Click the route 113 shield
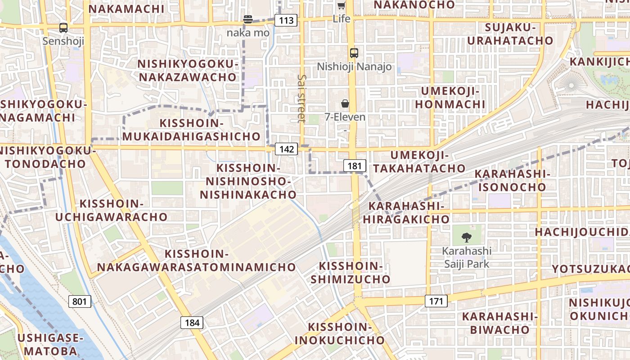tap(286, 20)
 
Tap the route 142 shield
tap(287, 149)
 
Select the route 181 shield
tap(355, 166)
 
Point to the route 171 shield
tap(436, 301)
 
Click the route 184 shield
tap(192, 322)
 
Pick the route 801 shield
tap(80, 301)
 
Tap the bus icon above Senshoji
tap(63, 28)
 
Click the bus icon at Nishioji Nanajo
tap(354, 53)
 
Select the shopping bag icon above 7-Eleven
tap(345, 104)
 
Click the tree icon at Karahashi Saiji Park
tap(467, 237)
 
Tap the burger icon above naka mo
tap(248, 19)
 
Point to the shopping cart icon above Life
tap(341, 6)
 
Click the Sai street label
tap(301, 98)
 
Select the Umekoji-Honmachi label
tap(450, 98)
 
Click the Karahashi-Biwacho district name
tap(500, 323)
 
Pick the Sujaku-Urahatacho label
tap(510, 34)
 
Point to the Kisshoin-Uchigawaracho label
tap(111, 210)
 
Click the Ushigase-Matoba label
tap(51, 344)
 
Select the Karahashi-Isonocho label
tap(512, 180)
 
